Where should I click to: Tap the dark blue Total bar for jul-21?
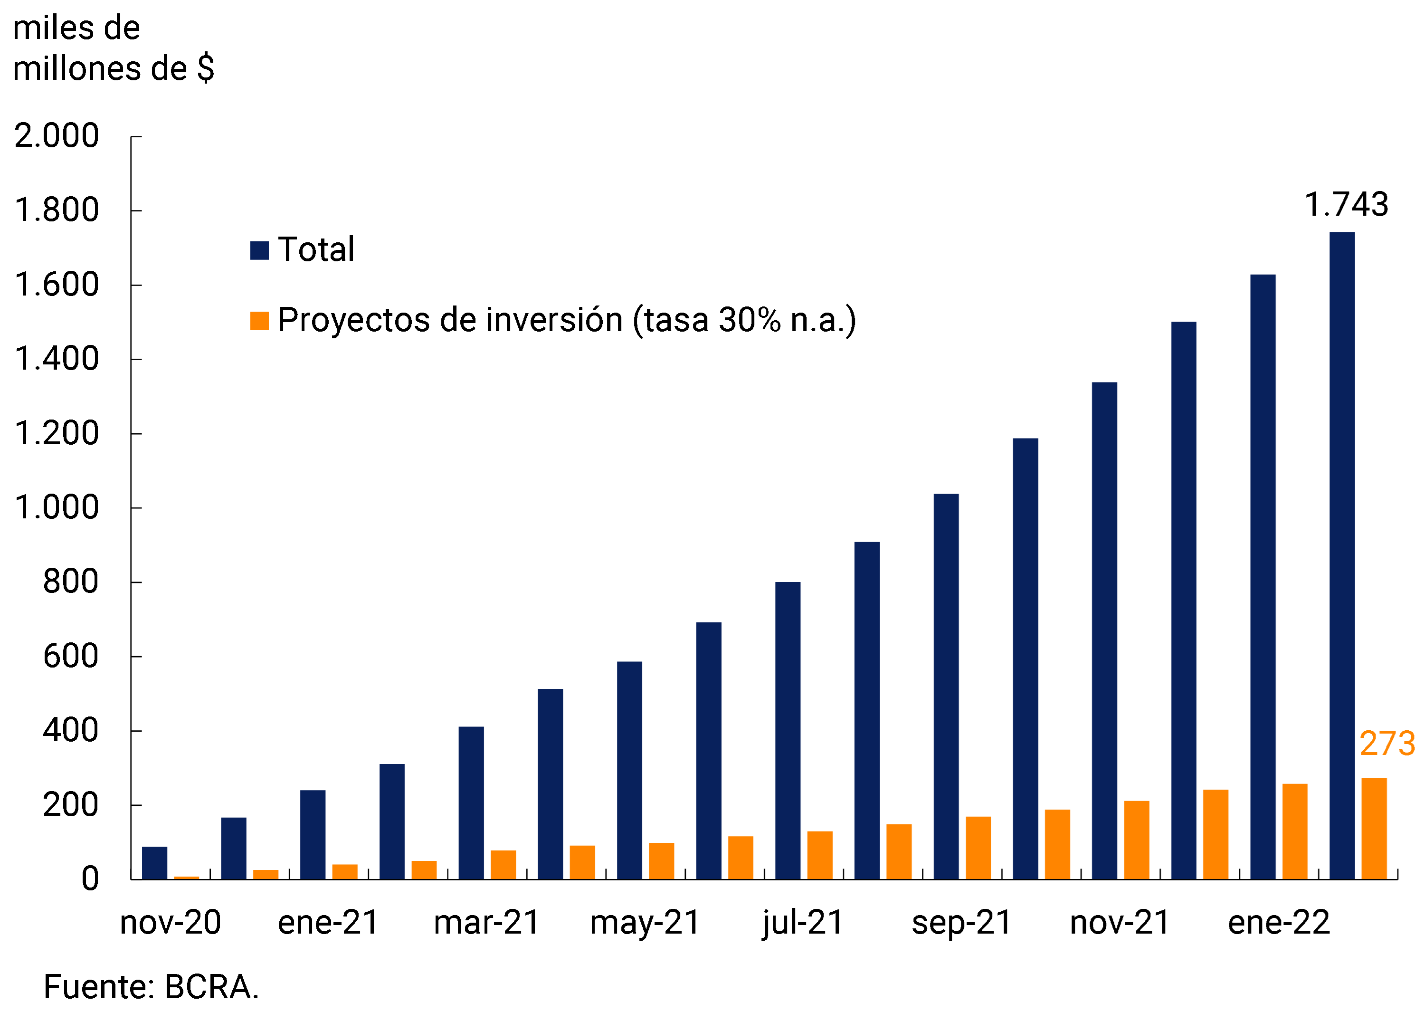click(x=788, y=730)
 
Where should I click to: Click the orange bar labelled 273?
click(x=1374, y=828)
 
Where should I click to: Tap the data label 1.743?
click(x=1346, y=204)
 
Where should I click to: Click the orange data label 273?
click(x=1387, y=744)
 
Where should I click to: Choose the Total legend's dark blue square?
click(x=259, y=250)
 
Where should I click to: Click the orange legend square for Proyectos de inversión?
click(x=259, y=321)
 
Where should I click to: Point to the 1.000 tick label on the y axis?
click(x=57, y=507)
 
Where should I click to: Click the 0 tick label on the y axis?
click(x=90, y=879)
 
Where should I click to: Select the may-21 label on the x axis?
click(x=645, y=923)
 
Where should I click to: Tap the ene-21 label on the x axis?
click(x=328, y=923)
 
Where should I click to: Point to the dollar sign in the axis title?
click(x=206, y=68)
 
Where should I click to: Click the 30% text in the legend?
click(x=749, y=320)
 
